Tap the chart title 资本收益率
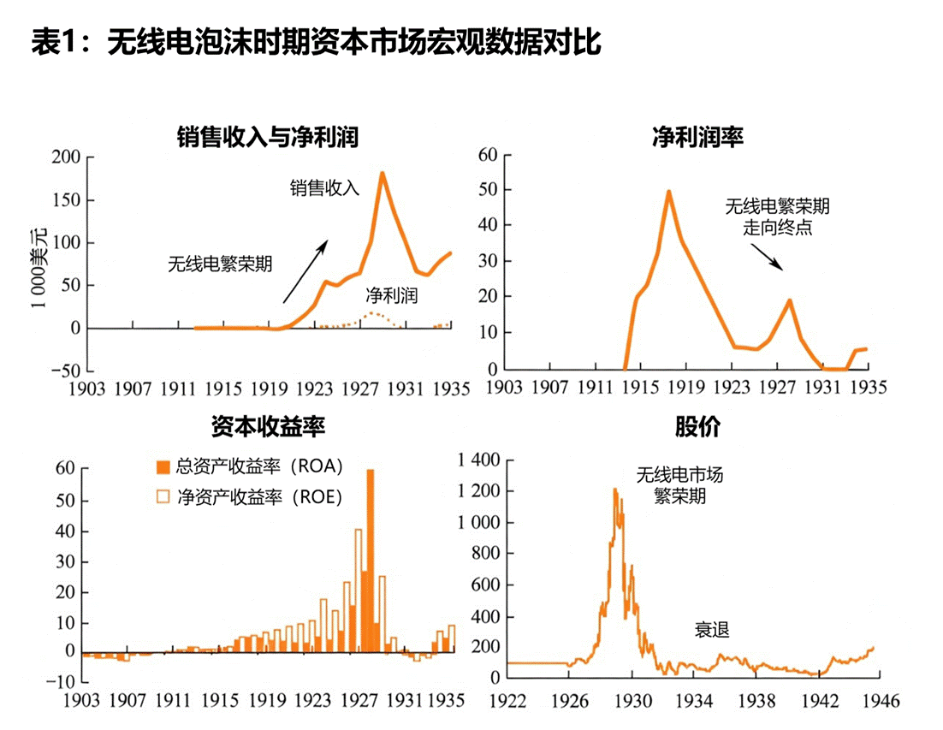pyautogui.click(x=267, y=427)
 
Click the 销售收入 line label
pyautogui.click(x=324, y=188)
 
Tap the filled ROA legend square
pyautogui.click(x=162, y=467)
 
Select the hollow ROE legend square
pyautogui.click(x=162, y=497)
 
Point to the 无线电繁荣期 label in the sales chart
pyautogui.click(x=220, y=264)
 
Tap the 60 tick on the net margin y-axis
pyautogui.click(x=488, y=155)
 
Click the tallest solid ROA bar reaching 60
pyautogui.click(x=371, y=561)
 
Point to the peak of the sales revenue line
pyautogui.click(x=382, y=173)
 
